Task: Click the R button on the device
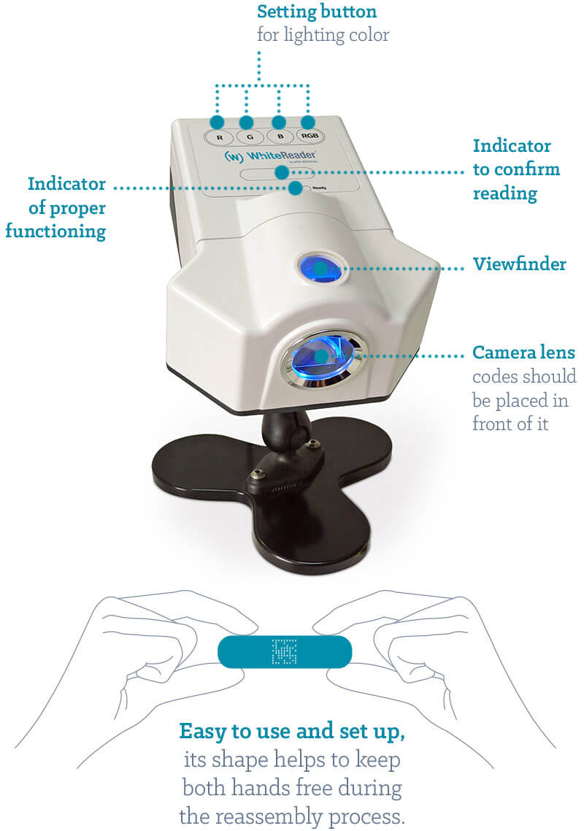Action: (217, 137)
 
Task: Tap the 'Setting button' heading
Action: (317, 12)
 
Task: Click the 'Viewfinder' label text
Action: (519, 264)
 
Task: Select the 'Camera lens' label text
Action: (523, 353)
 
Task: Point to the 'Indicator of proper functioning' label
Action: (66, 207)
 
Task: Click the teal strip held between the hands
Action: (248, 651)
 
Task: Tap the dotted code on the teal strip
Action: (285, 651)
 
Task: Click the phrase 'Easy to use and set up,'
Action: (292, 729)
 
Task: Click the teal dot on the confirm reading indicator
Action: (281, 172)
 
